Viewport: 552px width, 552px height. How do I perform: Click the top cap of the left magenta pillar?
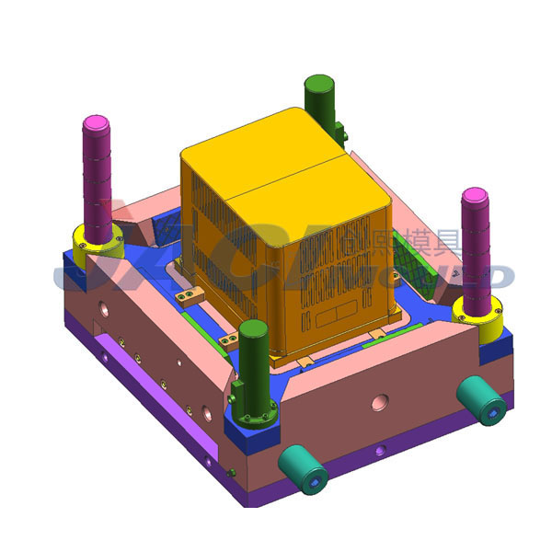(97, 124)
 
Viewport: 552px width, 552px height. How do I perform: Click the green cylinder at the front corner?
(253, 354)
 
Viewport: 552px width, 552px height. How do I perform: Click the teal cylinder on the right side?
(481, 400)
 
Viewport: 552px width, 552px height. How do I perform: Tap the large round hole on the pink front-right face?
(378, 402)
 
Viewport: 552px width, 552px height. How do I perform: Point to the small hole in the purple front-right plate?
(378, 452)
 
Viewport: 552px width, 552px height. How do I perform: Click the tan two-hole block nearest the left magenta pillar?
(190, 294)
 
